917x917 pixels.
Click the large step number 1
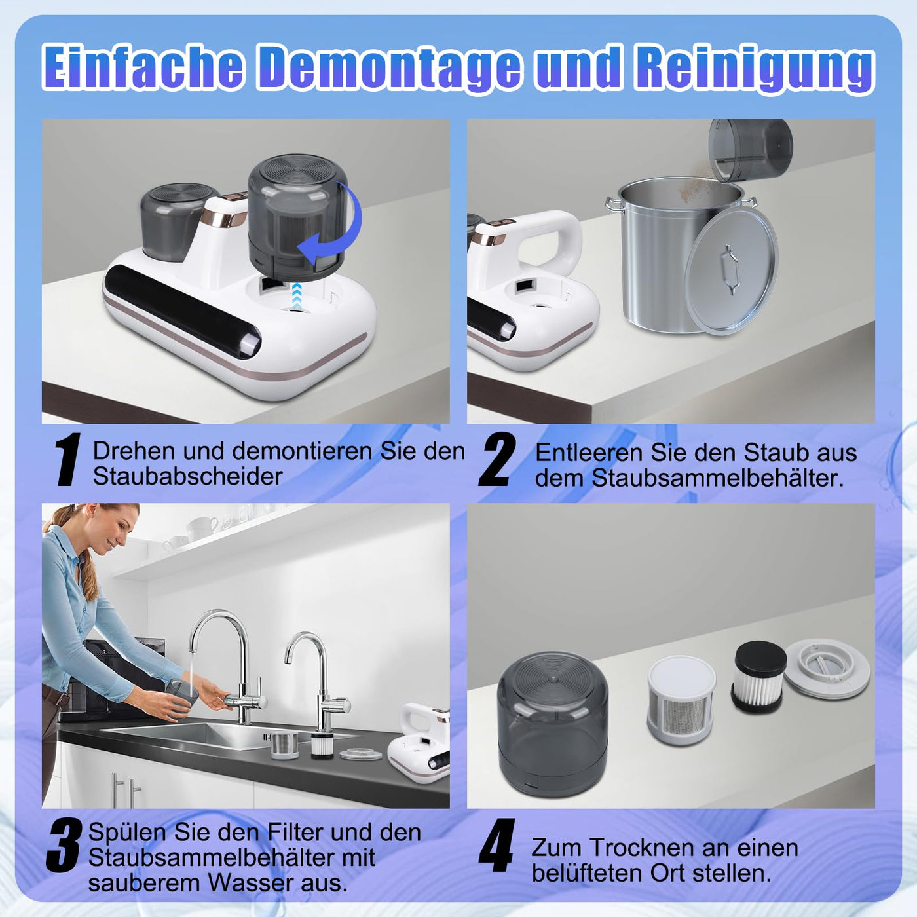coord(67,460)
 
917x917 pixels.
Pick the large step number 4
coord(496,846)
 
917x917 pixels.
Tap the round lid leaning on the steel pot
coord(730,270)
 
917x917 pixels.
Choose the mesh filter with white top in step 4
coord(681,700)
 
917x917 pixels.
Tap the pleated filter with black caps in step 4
coord(759,675)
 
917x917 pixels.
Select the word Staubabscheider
coord(187,477)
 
